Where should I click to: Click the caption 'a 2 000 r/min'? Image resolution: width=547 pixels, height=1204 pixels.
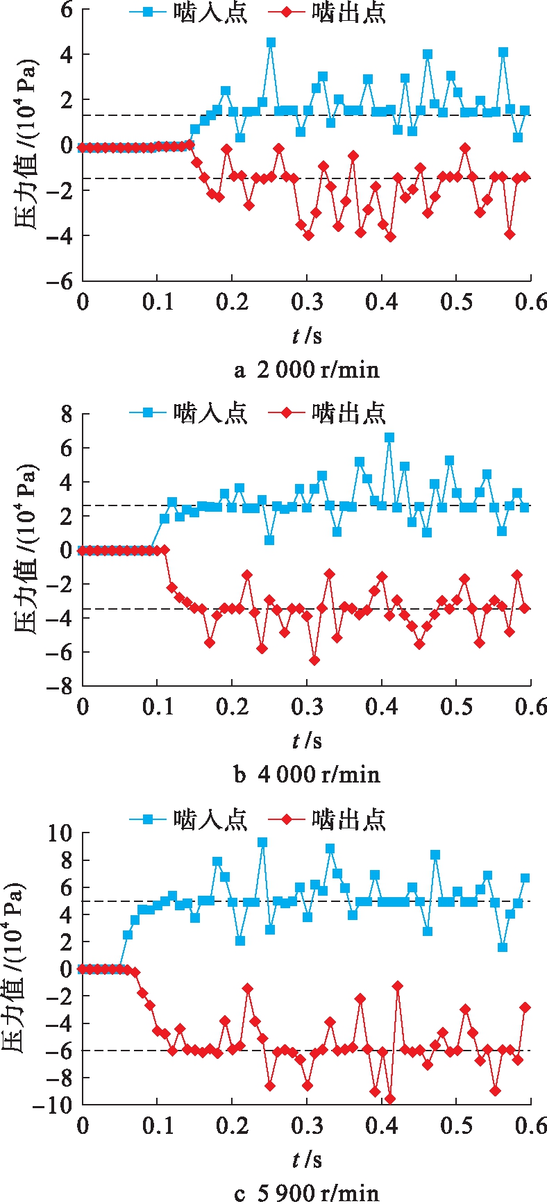307,369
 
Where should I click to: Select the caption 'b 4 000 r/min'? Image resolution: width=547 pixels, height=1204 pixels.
307,774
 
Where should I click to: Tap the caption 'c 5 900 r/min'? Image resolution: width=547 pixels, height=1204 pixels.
307,1192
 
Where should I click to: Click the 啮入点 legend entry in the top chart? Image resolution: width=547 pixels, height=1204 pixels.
187,13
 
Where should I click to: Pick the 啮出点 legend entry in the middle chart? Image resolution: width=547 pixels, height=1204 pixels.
326,413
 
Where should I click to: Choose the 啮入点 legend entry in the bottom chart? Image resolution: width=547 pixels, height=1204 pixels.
187,819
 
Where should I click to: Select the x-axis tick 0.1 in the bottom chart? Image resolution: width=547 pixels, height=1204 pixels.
158,1126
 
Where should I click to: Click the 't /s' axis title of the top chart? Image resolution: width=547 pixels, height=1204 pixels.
307,336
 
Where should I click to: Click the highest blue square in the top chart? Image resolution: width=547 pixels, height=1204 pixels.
271,42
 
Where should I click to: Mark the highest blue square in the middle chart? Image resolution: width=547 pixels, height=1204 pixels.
389,437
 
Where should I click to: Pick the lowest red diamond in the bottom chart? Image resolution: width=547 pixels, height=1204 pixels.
390,1098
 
